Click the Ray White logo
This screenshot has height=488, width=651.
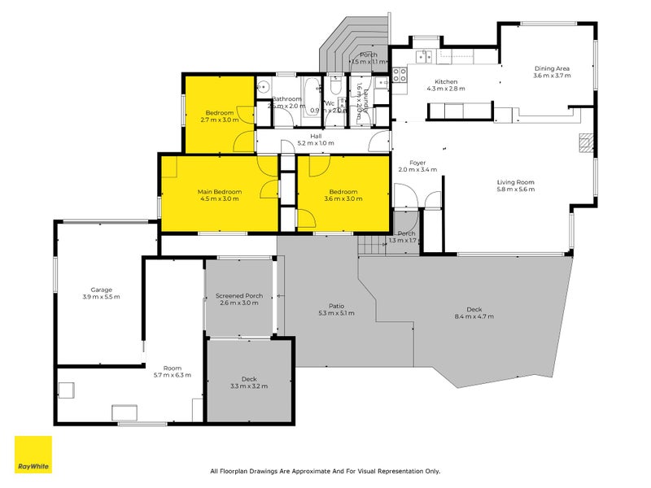33,455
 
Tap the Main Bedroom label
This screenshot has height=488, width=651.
220,192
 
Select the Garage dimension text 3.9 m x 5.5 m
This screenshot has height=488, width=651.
102,297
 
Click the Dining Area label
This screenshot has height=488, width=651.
552,68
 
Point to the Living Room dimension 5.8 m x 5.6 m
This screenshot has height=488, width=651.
515,190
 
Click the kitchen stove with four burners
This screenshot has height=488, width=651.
400,75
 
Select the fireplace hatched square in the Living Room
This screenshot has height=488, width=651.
583,143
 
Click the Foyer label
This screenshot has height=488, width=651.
417,163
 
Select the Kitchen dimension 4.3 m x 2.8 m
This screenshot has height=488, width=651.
446,89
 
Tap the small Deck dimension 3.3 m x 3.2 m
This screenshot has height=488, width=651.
248,386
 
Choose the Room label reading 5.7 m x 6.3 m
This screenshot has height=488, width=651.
172,375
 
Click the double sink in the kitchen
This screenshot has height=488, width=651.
424,56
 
